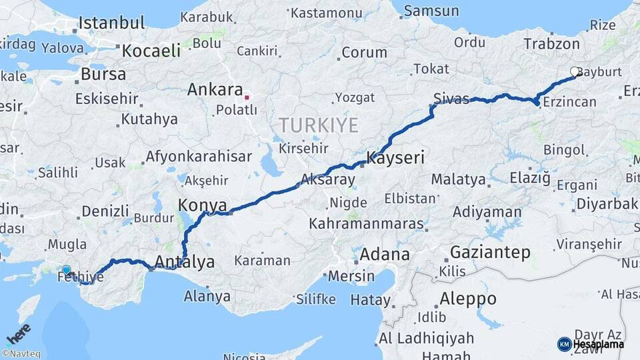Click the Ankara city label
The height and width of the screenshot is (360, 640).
click(x=215, y=89)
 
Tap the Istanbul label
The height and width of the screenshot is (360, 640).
click(x=111, y=23)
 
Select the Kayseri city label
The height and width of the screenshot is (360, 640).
click(x=395, y=159)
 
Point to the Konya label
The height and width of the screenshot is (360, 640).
click(x=203, y=205)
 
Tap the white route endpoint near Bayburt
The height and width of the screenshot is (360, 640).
click(x=575, y=71)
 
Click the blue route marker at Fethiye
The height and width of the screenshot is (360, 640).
click(x=66, y=270)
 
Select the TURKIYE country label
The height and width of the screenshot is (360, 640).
click(x=319, y=125)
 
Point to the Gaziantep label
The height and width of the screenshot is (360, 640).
click(x=490, y=252)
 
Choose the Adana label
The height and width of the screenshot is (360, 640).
click(x=385, y=254)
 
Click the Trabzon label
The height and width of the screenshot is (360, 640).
click(x=551, y=44)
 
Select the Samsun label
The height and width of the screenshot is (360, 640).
click(x=431, y=11)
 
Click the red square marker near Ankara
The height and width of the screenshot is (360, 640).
click(x=247, y=97)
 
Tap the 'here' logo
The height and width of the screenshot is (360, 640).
click(x=19, y=333)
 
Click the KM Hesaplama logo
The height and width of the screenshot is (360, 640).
click(x=591, y=344)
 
